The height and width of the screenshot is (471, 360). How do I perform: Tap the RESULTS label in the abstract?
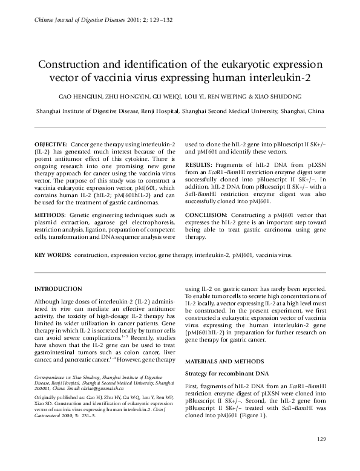pos(198,164)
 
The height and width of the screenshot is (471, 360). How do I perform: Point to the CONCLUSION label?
pos(209,215)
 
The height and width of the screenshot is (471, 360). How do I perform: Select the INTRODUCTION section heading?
pos(59,289)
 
